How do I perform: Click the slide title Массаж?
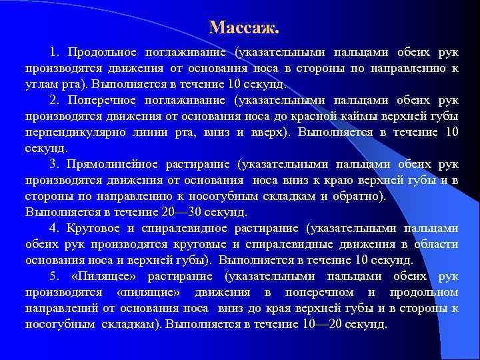[243, 27]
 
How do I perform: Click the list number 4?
[53, 228]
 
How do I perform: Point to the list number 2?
[53, 101]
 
